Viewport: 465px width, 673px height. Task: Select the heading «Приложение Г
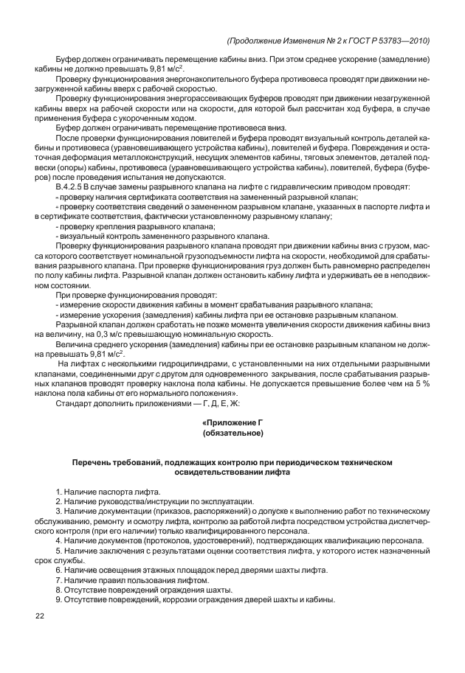[x=232, y=422]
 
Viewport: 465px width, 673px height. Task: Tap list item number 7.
[x=59, y=580]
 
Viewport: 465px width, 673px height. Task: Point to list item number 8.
[x=59, y=590]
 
